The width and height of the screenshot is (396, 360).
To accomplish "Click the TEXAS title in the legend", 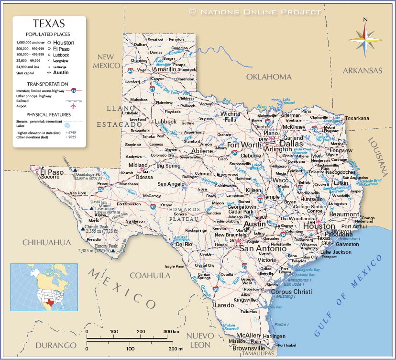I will tap(49, 23).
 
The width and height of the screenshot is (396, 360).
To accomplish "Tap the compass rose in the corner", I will tap(365, 38).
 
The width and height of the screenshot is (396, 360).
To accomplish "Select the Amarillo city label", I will tap(165, 69).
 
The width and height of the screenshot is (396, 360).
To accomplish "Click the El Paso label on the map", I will tap(52, 172).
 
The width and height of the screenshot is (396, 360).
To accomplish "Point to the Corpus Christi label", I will tap(291, 292).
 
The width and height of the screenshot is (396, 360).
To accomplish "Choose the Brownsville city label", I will tap(249, 348).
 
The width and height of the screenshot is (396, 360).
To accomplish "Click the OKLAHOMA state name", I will tap(268, 77).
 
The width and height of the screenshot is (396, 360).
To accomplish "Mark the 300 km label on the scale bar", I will tap(171, 331).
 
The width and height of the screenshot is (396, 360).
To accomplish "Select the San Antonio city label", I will tap(263, 248).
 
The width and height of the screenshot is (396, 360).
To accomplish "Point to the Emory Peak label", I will tap(106, 246).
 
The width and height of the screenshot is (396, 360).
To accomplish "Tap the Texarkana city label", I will tap(358, 118).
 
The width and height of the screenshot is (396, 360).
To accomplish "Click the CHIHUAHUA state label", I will tap(46, 243).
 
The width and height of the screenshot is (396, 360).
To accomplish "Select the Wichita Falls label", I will tap(231, 116).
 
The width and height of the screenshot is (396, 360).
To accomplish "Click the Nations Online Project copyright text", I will tap(255, 11).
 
